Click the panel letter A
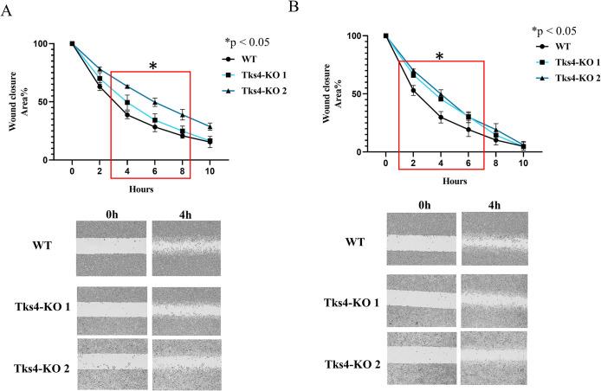point(7,9)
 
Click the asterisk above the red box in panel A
point(152,67)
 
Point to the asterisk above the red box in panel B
point(439,57)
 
